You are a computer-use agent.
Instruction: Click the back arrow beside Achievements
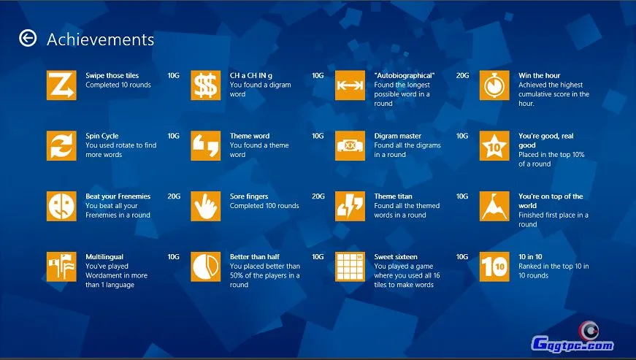(28, 38)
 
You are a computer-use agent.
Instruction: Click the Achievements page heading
(100, 39)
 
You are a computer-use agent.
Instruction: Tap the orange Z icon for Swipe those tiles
(61, 85)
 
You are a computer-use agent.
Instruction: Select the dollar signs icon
(206, 85)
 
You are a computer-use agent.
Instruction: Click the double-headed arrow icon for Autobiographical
(350, 85)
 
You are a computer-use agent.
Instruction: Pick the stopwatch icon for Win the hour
(494, 85)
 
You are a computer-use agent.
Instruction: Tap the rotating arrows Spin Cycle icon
(61, 145)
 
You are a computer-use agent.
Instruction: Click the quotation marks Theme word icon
(206, 145)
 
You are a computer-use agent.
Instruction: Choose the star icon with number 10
(494, 145)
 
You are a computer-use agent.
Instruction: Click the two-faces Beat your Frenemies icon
(61, 206)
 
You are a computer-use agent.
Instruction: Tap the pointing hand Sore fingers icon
(206, 206)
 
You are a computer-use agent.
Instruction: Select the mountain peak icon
(494, 206)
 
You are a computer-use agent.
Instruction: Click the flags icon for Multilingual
(61, 267)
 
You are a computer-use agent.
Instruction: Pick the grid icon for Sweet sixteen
(350, 267)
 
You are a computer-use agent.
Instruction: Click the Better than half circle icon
(206, 267)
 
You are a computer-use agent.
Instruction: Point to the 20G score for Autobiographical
(462, 75)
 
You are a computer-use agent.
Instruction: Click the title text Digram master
(397, 136)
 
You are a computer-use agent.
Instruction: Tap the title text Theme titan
(393, 196)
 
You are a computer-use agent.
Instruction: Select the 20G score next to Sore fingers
(318, 196)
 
